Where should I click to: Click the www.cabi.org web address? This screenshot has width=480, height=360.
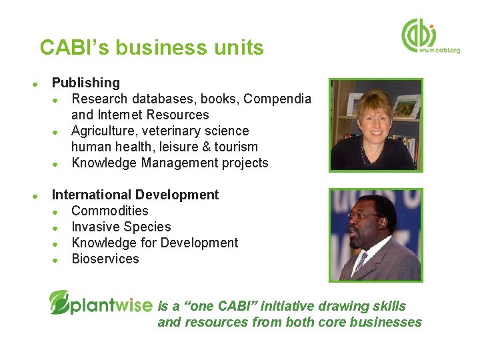click(x=439, y=51)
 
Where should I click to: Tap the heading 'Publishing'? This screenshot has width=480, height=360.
click(x=86, y=83)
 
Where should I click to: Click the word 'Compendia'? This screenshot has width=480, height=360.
click(x=277, y=99)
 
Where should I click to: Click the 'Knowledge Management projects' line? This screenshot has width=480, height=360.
click(x=169, y=163)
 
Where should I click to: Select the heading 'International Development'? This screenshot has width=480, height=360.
click(x=135, y=195)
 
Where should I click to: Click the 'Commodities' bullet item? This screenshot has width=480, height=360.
click(x=110, y=211)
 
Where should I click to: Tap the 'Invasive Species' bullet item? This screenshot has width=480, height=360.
click(x=121, y=227)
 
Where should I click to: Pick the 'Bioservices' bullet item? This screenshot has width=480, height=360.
click(x=105, y=259)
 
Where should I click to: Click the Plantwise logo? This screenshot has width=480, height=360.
click(x=101, y=303)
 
